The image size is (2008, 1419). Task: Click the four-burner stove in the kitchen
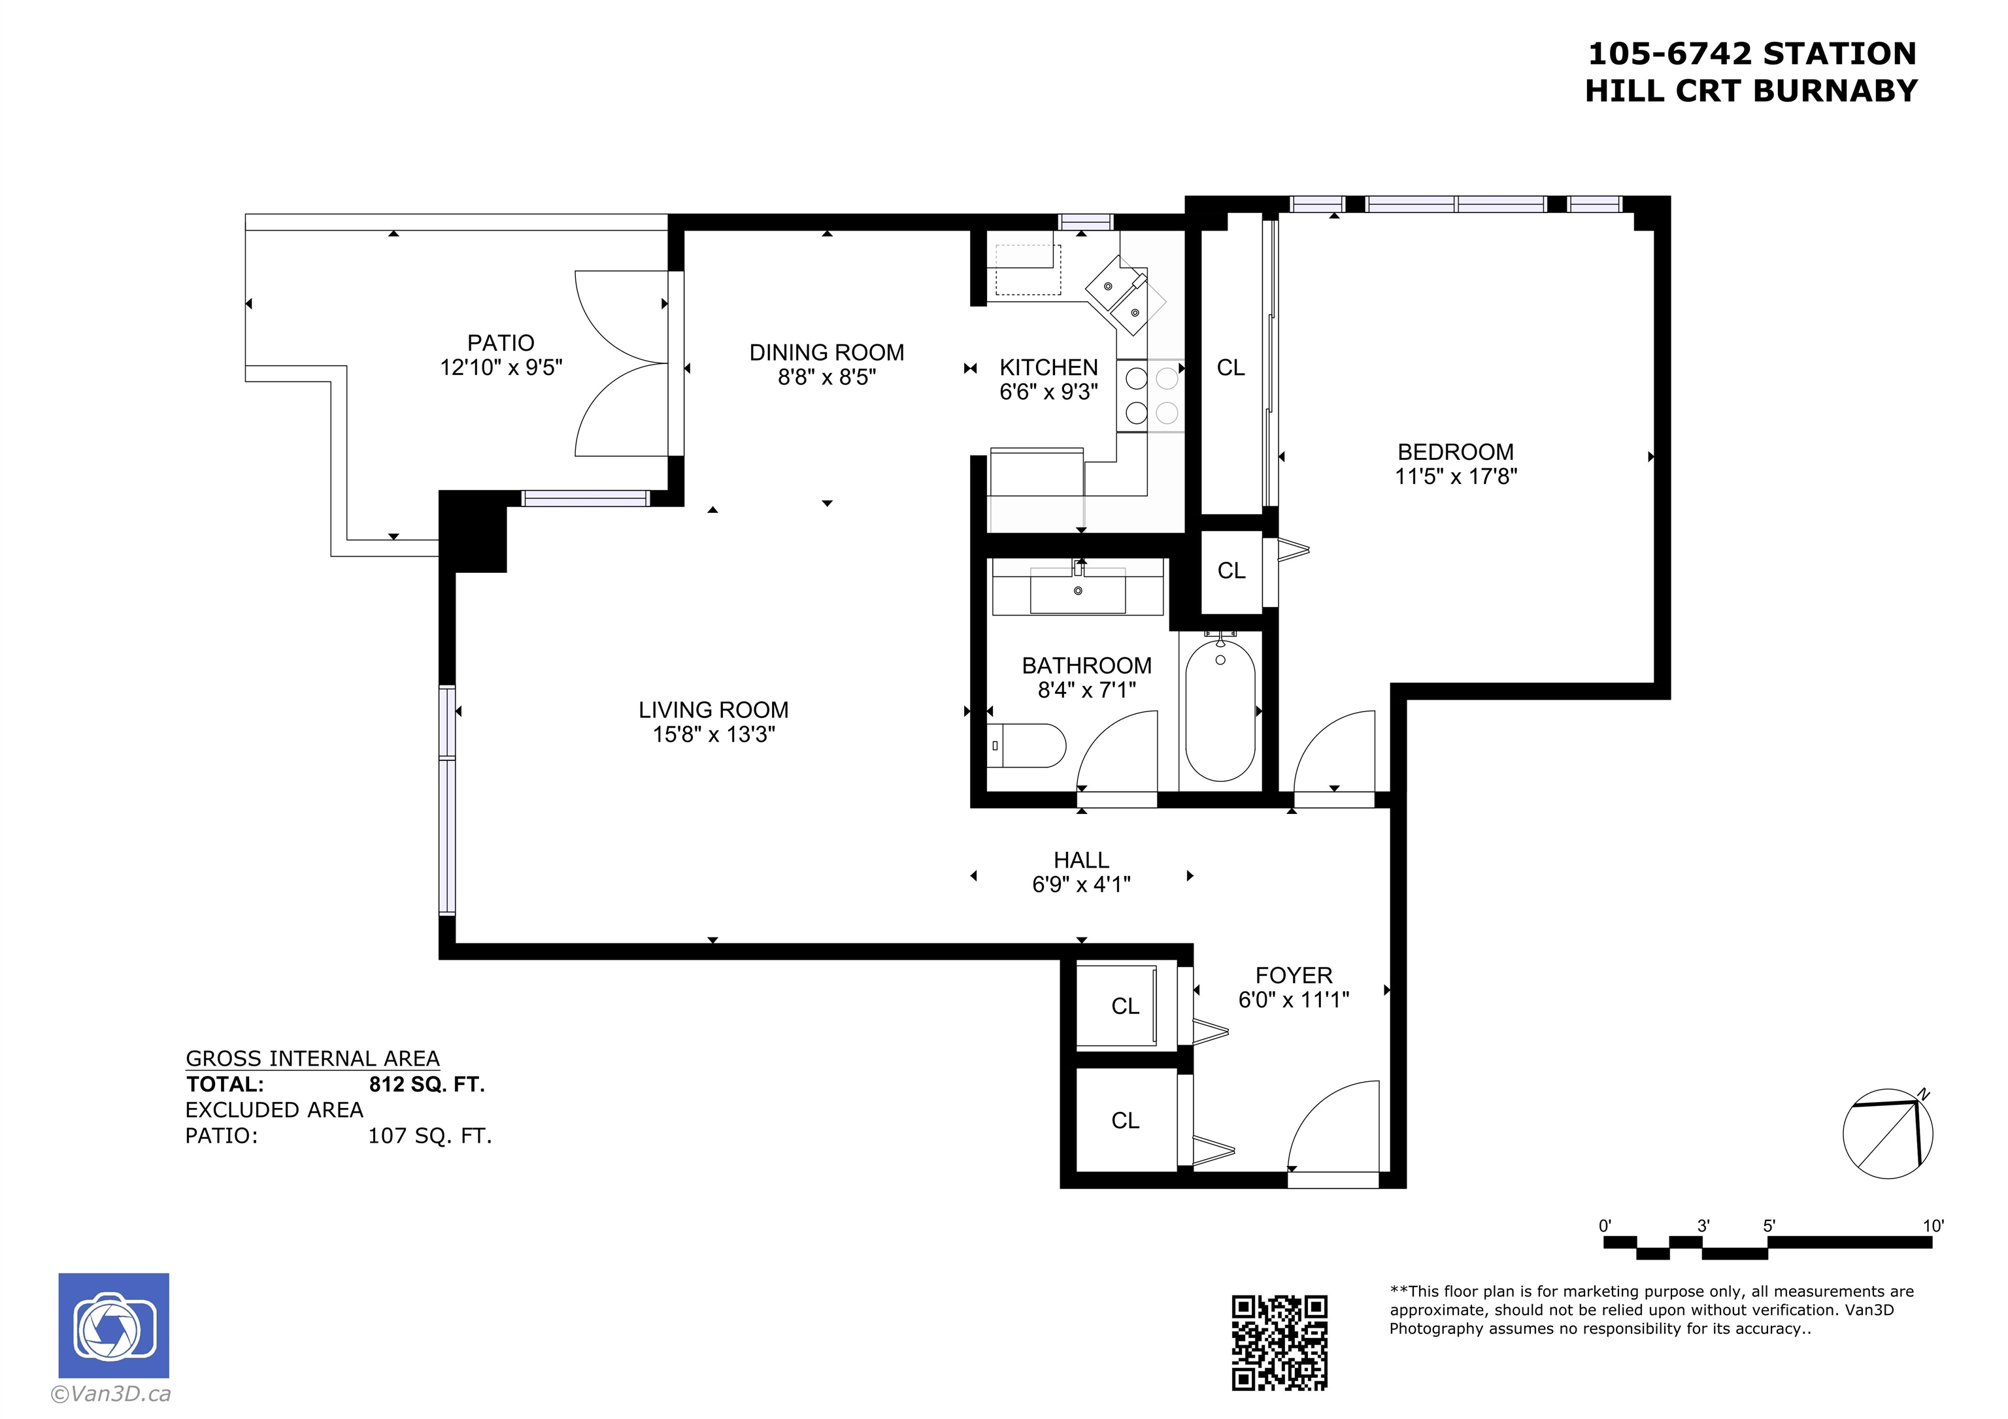(x=1151, y=396)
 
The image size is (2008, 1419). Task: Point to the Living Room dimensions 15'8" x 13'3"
(x=714, y=734)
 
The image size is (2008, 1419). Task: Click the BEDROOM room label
(x=1455, y=452)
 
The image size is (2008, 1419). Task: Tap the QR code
(x=1279, y=1342)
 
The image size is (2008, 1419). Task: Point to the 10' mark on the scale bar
(x=1933, y=1226)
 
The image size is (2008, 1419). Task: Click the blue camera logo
(x=114, y=1326)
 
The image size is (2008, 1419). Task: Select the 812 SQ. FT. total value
(x=427, y=1084)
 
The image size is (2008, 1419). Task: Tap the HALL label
(x=1081, y=860)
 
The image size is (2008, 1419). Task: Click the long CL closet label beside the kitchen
(x=1231, y=368)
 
